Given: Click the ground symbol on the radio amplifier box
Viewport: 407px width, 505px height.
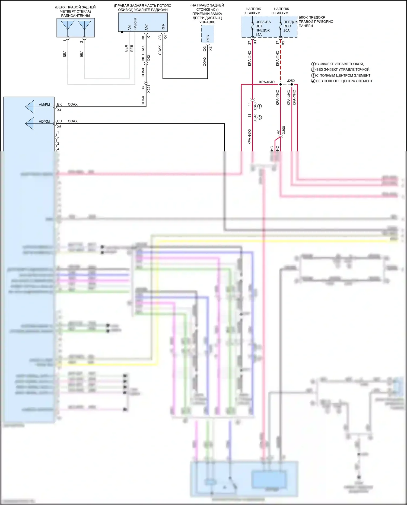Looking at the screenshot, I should [x=122, y=33].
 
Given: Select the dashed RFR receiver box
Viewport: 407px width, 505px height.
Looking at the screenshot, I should [x=208, y=34].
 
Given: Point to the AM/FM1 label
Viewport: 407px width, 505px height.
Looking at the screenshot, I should [x=45, y=105].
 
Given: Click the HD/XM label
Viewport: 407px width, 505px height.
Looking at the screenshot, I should [x=44, y=122].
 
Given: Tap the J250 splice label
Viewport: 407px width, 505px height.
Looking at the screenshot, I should [x=291, y=81].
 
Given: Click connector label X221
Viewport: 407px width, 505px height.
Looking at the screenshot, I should [x=149, y=89].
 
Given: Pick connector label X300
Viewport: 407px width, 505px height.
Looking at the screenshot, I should [x=284, y=130].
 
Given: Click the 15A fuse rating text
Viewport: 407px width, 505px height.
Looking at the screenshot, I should [x=259, y=35].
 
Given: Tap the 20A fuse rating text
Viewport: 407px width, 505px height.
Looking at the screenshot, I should [x=287, y=30].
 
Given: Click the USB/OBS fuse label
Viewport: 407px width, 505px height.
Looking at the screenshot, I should [x=263, y=22].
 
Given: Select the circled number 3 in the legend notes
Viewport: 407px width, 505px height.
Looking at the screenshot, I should [x=313, y=75].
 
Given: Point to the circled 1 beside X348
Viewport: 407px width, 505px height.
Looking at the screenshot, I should [x=260, y=106].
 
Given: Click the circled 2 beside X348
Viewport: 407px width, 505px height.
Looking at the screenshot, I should [x=260, y=117].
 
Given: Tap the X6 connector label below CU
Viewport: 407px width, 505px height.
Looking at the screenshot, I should [x=59, y=127].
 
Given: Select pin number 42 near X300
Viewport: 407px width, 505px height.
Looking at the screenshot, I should [x=278, y=132].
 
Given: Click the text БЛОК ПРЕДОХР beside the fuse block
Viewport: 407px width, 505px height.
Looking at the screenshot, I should [x=312, y=17].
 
